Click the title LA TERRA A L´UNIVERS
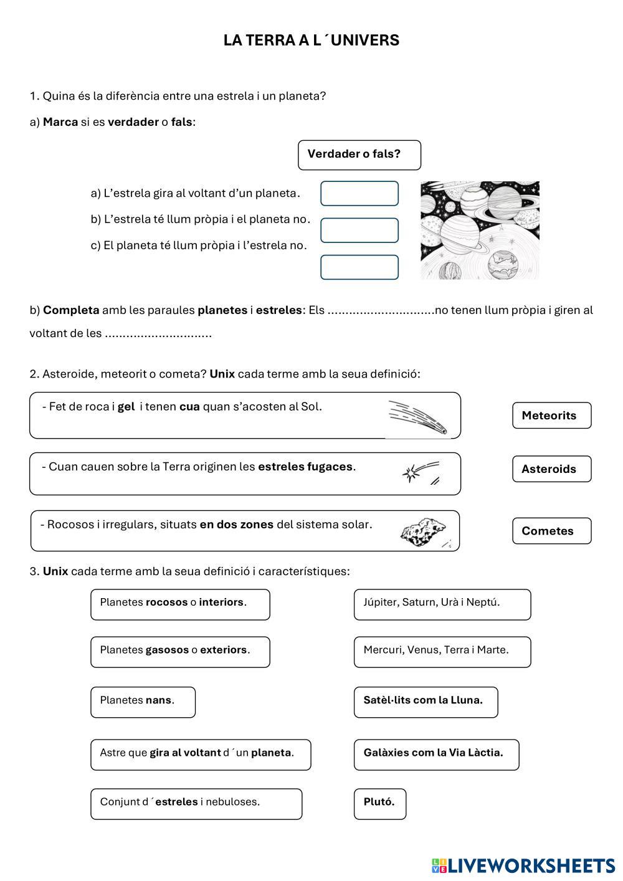[x=311, y=40]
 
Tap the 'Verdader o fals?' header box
[x=359, y=155]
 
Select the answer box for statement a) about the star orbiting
[x=359, y=193]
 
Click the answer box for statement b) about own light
[x=359, y=230]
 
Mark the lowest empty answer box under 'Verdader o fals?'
[x=359, y=267]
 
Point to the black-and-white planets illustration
[x=480, y=230]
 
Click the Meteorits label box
[x=551, y=416]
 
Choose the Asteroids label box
[x=551, y=469]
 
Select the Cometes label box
[x=551, y=531]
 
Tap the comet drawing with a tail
[x=417, y=417]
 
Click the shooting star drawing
[x=421, y=473]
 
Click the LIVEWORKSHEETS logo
[x=523, y=865]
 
